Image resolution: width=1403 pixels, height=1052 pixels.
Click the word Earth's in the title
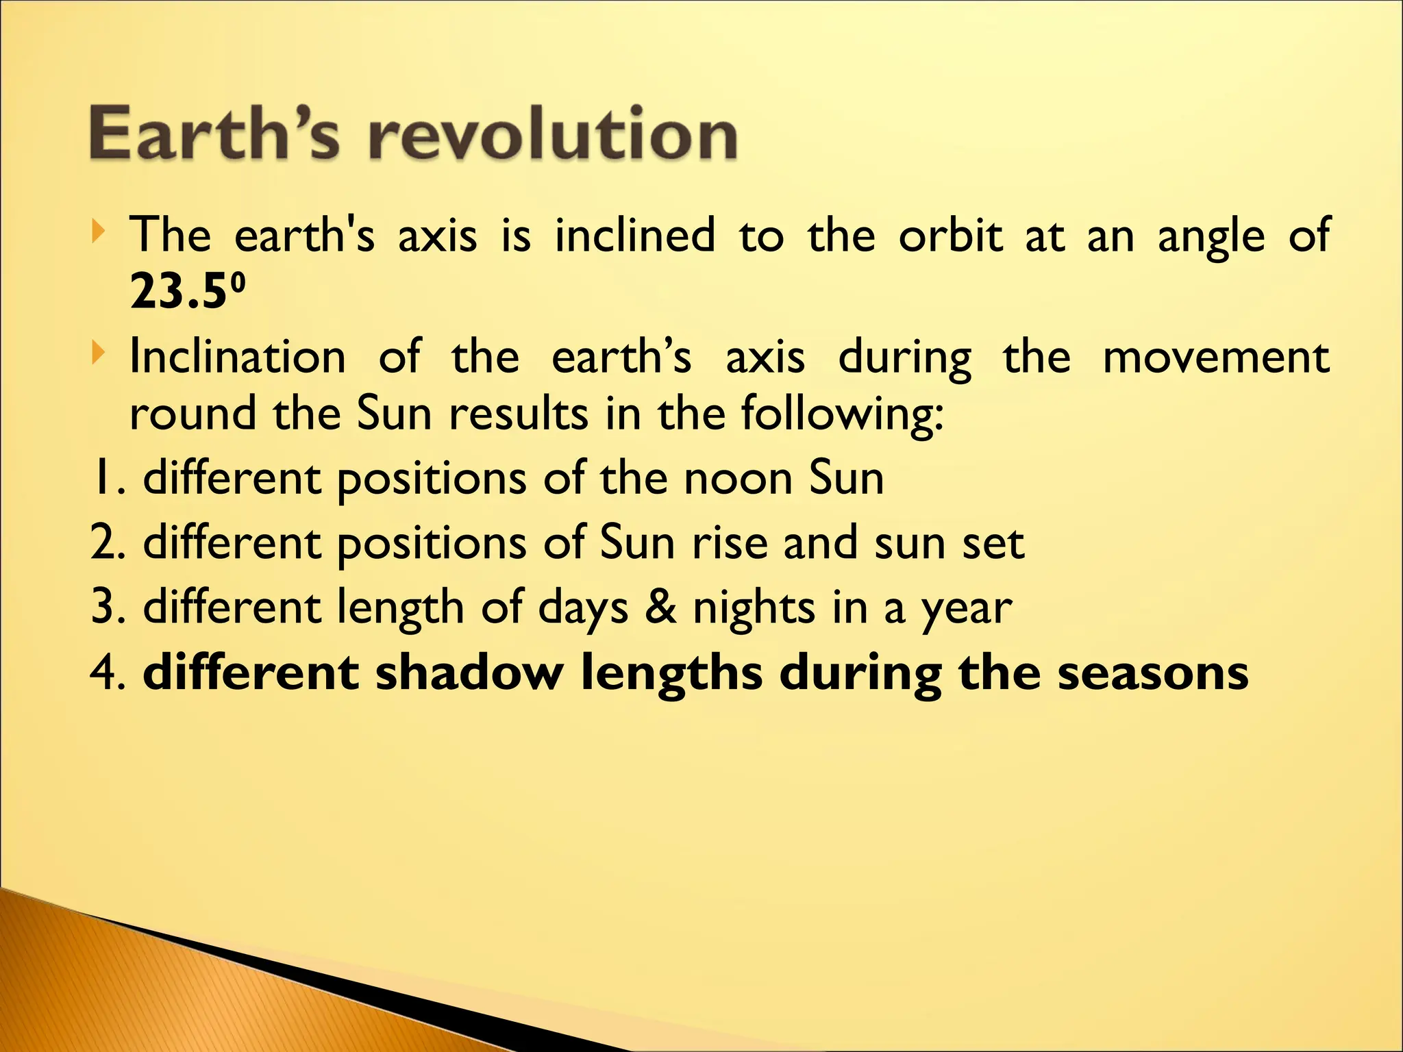tap(214, 134)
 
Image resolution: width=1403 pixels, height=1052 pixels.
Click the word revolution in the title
tap(552, 134)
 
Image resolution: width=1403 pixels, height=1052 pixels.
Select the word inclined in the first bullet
tap(634, 235)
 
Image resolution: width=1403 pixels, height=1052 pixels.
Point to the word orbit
tap(950, 235)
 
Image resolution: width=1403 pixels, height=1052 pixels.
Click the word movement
tap(1216, 357)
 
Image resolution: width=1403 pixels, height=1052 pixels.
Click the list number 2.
tap(103, 542)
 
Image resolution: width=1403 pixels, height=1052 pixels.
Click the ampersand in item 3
tap(660, 607)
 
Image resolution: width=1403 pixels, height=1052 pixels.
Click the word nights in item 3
tap(754, 608)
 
